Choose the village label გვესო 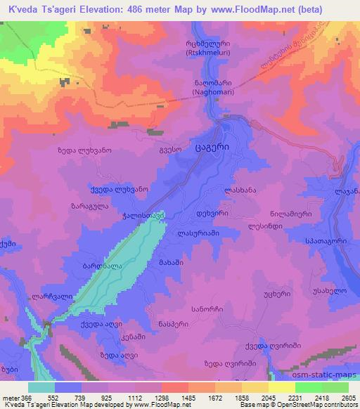168,150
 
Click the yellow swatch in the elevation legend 281,387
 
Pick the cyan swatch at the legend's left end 41,387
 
